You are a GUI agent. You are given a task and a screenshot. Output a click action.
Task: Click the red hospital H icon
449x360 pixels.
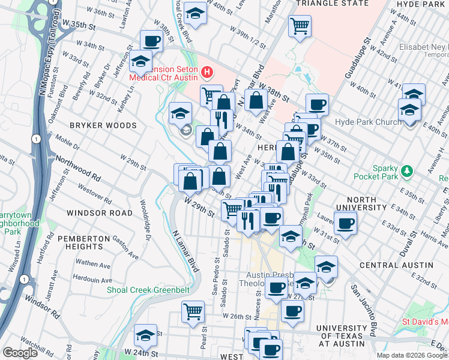click(208, 73)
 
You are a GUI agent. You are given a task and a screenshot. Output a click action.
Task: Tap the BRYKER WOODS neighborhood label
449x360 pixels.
click(103, 125)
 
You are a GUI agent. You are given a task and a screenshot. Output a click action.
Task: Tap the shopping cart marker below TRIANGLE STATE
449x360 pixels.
click(299, 26)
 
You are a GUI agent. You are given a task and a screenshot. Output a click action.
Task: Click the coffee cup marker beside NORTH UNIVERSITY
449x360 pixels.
click(345, 224)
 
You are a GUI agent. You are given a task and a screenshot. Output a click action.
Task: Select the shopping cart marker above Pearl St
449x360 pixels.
click(193, 311)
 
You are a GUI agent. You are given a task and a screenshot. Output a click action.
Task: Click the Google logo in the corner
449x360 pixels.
click(20, 353)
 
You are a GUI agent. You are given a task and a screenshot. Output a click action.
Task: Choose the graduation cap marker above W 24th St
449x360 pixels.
click(145, 335)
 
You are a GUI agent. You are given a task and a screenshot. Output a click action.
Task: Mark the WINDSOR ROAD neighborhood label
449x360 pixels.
click(100, 213)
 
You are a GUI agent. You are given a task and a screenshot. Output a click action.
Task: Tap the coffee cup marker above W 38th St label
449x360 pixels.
click(152, 41)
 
